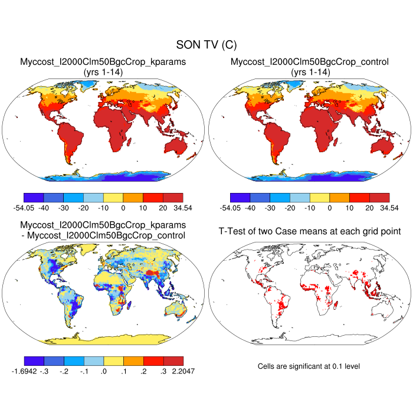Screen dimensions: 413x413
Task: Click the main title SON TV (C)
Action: [206, 45]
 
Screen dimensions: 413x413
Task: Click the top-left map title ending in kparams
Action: [103, 62]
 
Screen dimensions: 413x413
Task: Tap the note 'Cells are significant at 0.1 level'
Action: [309, 366]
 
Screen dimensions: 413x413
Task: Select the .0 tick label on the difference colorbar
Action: [103, 372]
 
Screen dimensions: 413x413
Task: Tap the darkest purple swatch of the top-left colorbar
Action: [34, 197]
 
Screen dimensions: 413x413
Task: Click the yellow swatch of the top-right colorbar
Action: [320, 197]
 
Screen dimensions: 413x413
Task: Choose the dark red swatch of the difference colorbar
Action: [173, 360]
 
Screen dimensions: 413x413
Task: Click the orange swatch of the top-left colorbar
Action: [133, 197]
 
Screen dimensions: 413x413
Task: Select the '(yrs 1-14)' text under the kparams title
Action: [103, 71]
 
